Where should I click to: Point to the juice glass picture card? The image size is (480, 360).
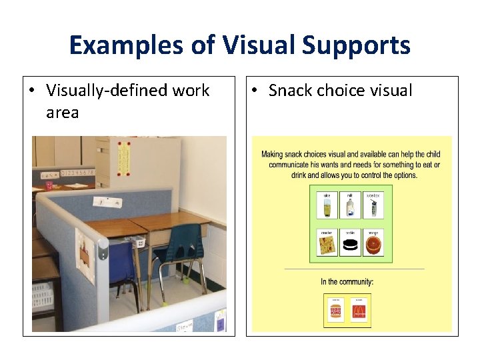[x=327, y=205]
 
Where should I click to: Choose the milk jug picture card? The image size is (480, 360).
[x=349, y=205]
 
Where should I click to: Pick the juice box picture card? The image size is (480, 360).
[x=373, y=205]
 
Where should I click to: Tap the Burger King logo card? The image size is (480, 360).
[x=336, y=309]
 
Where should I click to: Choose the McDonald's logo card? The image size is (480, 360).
[x=360, y=309]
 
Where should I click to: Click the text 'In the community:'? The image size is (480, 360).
[x=347, y=281]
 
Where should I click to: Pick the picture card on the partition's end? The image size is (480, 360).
[x=85, y=253]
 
